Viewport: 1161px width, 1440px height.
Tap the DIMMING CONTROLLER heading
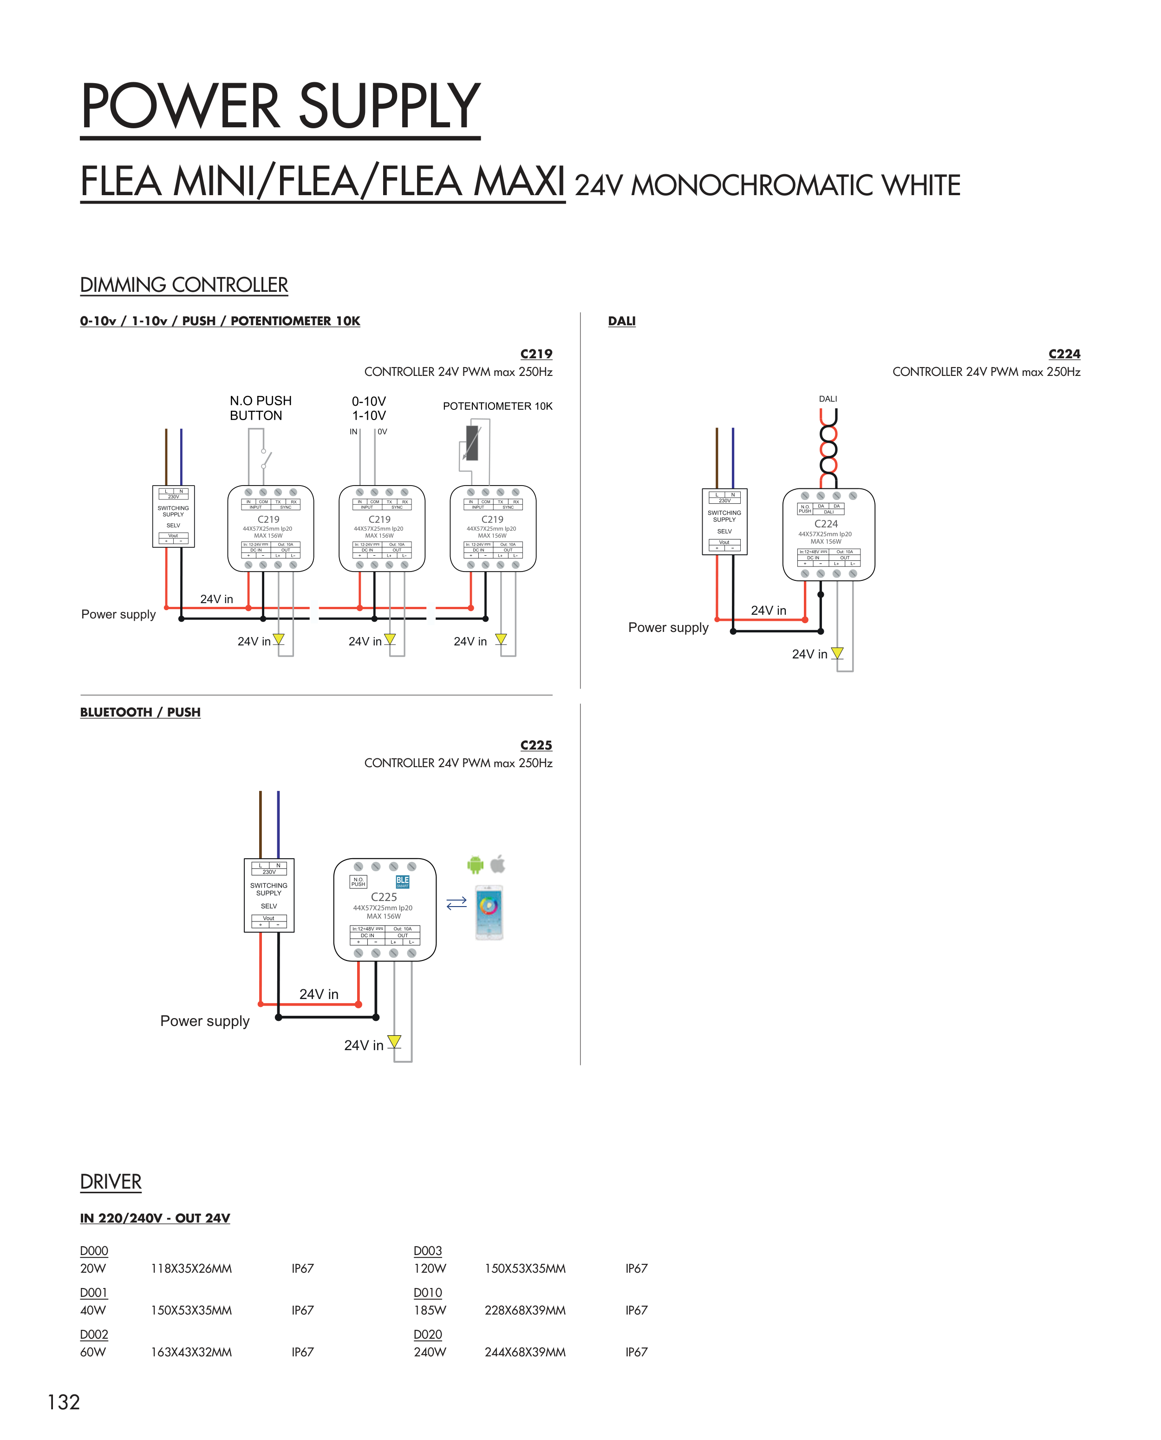(x=184, y=285)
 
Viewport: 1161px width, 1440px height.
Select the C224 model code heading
(x=1063, y=354)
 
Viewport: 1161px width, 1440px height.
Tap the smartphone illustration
(x=489, y=912)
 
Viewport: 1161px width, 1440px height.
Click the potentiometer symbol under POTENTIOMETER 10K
(x=472, y=443)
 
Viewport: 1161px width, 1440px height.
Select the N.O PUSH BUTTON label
(x=260, y=408)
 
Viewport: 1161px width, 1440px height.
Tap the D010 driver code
(x=427, y=1293)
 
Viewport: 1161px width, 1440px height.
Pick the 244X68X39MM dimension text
(x=525, y=1352)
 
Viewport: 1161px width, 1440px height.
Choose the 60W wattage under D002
(x=93, y=1352)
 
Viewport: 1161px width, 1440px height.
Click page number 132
(x=64, y=1402)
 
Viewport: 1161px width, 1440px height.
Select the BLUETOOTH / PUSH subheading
(x=140, y=712)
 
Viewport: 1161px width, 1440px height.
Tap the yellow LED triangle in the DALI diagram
(x=837, y=652)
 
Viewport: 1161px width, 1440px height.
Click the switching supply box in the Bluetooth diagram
(x=269, y=895)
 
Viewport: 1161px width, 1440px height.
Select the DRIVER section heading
(x=111, y=1182)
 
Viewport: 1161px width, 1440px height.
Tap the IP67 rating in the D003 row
(x=636, y=1269)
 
